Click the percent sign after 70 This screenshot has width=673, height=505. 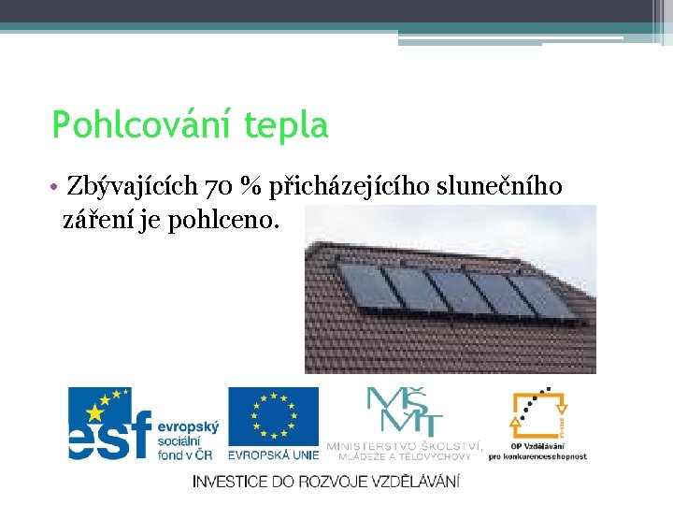[250, 187]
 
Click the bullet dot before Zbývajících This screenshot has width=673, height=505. [58, 187]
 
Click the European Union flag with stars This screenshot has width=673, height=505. [273, 416]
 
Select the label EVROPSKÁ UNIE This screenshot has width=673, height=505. [273, 455]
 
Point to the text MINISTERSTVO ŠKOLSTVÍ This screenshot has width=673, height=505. [404, 446]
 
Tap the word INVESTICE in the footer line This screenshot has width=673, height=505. [230, 482]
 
